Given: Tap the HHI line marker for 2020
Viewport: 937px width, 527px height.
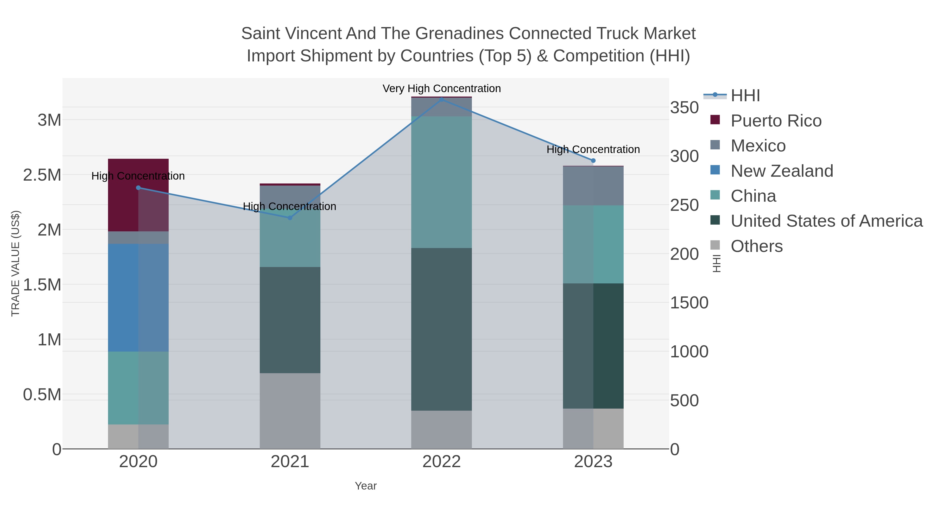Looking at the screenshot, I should coord(138,188).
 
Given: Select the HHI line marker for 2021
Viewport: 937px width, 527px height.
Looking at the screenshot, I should coord(290,218).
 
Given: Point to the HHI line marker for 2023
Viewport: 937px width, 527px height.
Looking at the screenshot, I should coord(593,160).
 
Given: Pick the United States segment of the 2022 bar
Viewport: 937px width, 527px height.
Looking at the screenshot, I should coord(442,329).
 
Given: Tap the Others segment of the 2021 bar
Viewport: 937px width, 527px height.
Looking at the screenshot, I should coord(290,411).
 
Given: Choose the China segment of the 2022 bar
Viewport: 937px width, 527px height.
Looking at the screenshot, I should coord(442,182).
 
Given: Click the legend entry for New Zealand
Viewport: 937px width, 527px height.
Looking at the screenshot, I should coord(781,171).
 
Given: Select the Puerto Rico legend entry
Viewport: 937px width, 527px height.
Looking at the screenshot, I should coord(776,121).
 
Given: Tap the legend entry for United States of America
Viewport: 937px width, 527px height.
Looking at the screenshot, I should coord(826,221).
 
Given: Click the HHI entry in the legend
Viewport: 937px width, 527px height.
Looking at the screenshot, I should coord(745,96).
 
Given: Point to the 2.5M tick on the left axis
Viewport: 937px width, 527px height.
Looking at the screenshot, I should coord(42,175).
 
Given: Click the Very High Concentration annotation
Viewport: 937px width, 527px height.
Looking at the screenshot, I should coord(442,88).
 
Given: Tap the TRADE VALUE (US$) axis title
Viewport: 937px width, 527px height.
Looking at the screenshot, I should coord(15,263).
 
